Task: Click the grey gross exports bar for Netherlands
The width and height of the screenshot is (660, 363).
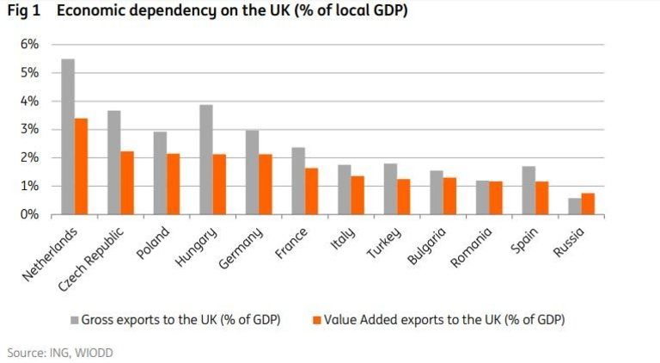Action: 68,137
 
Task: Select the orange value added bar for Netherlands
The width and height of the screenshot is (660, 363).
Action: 81,166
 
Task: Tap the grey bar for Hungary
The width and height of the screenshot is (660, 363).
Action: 206,160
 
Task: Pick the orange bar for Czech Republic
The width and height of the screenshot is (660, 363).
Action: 127,182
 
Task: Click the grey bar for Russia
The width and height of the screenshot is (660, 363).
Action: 574,206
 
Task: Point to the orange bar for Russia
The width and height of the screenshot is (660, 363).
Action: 588,204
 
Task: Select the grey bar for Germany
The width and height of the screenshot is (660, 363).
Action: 252,172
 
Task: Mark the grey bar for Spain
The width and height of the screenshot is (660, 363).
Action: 529,190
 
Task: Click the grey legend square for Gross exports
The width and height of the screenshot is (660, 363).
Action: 74,320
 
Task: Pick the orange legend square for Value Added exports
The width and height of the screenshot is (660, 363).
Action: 317,320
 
